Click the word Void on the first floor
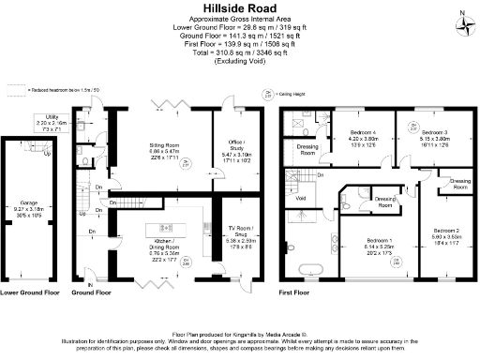(300, 198)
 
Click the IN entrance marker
(90, 283)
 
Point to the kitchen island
(165, 228)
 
